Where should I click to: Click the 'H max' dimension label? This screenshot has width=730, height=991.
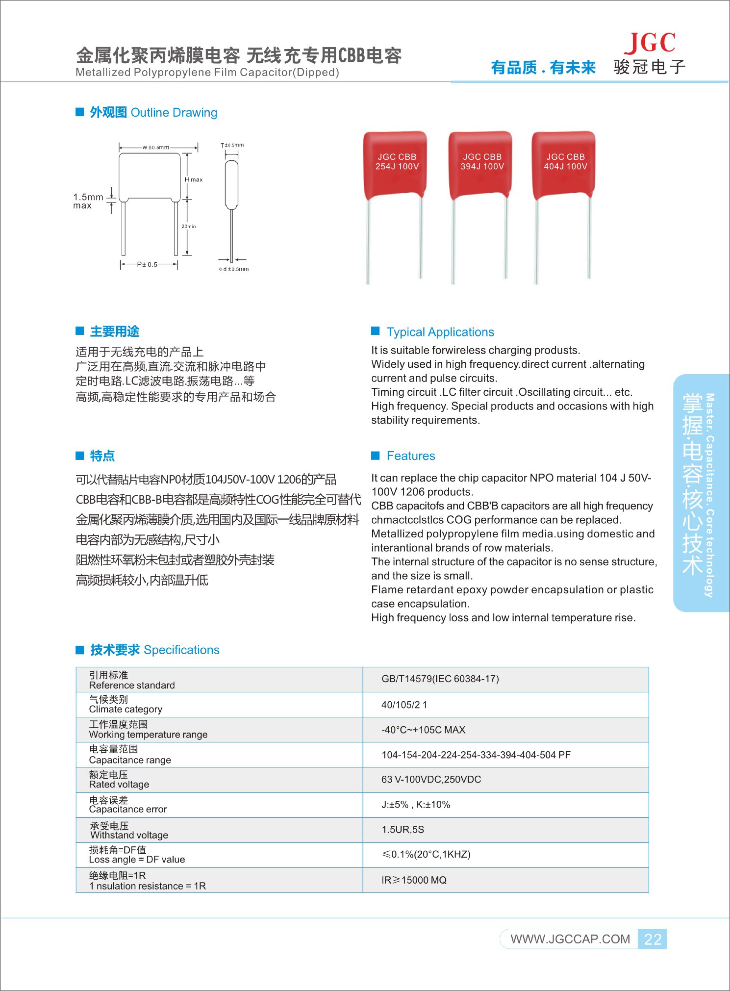point(194,179)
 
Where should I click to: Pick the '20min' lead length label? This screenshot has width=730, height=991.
point(189,226)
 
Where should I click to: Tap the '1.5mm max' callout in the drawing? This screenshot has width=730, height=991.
point(88,201)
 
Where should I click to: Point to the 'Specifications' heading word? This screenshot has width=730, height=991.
point(181,650)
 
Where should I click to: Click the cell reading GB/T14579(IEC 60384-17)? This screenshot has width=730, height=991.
point(440,679)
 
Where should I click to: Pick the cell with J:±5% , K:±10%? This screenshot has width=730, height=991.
point(415,805)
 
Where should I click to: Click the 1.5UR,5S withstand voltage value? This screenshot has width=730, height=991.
point(403,829)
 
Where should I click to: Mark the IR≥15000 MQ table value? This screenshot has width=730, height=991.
point(414,880)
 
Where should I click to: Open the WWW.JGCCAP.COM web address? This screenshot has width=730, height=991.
point(570,939)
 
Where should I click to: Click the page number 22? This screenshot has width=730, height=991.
point(652,939)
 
